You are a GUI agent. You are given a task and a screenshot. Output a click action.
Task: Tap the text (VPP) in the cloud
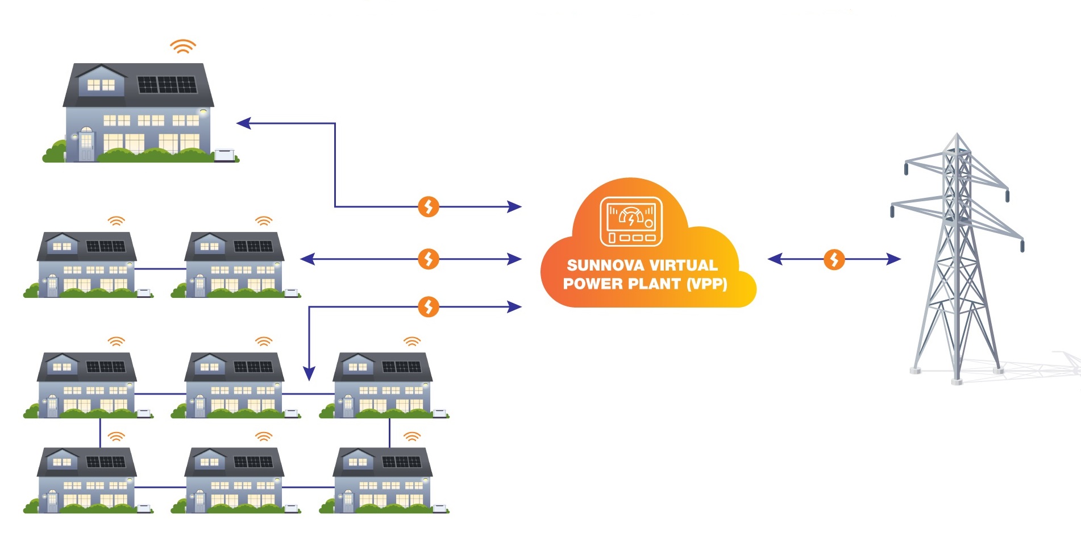[707, 284]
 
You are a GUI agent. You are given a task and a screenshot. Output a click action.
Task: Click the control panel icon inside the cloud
[631, 221]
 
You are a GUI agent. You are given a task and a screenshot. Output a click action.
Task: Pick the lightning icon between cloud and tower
[834, 260]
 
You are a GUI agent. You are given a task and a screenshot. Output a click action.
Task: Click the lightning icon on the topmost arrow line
[429, 207]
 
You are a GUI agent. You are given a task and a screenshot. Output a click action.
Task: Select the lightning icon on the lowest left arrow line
[429, 307]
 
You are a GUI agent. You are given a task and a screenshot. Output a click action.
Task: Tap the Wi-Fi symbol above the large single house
[183, 47]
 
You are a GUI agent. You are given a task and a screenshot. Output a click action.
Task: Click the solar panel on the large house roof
[167, 85]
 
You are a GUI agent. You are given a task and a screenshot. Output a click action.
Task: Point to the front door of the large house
[86, 145]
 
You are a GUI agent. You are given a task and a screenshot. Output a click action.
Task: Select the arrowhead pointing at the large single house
[244, 123]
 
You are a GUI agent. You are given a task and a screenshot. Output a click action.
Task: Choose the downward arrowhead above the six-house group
[309, 373]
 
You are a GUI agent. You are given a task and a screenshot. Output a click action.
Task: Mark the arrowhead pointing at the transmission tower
[894, 259]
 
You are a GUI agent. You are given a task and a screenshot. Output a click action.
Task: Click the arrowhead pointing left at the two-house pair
[307, 259]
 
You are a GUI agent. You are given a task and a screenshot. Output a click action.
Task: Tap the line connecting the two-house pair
[161, 269]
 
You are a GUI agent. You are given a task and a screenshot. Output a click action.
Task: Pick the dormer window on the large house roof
[101, 85]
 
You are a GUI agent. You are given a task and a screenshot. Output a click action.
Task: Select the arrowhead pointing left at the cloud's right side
[775, 259]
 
